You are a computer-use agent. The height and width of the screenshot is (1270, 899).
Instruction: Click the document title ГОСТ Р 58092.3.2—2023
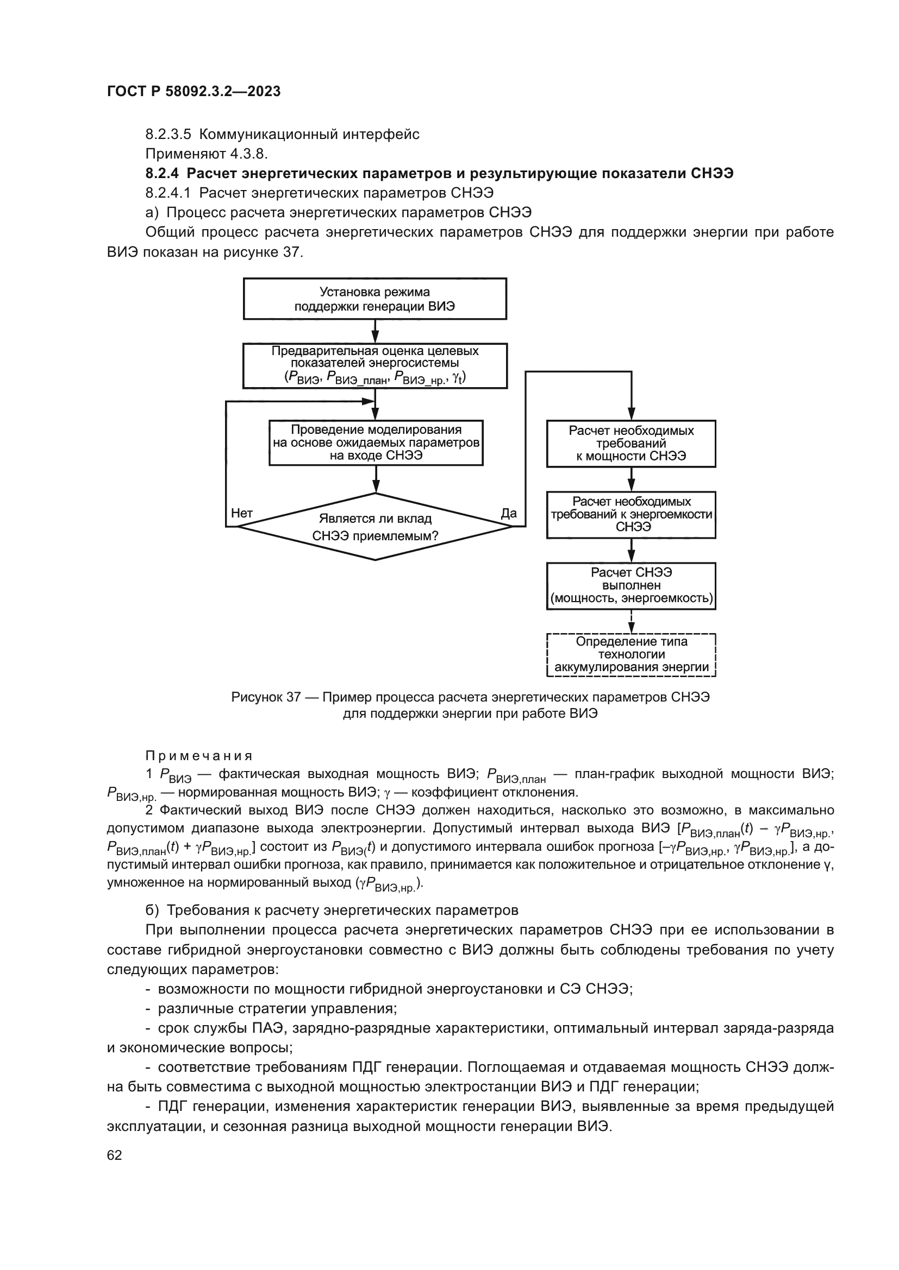tap(193, 91)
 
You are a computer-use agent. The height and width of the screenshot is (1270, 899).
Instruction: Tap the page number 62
tap(115, 1155)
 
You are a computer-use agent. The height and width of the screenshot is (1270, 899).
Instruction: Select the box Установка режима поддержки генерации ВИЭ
tap(375, 299)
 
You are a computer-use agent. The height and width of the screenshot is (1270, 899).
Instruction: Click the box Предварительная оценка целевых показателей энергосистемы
tap(375, 365)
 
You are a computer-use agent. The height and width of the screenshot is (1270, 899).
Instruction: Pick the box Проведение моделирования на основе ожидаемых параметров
tap(376, 443)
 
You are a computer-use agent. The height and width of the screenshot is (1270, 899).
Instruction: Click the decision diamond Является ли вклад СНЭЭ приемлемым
tap(376, 527)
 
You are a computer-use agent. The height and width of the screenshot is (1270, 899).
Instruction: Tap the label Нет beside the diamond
tap(242, 513)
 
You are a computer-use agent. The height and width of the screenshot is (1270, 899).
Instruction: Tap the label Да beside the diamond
tap(508, 513)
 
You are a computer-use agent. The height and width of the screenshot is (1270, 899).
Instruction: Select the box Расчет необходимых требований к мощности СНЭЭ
tap(631, 444)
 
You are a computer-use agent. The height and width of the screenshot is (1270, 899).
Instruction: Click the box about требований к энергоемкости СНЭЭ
tap(631, 514)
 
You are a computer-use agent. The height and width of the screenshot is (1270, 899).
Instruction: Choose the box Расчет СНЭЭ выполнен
tap(631, 586)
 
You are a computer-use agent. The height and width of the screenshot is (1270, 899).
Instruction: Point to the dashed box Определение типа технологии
tap(631, 654)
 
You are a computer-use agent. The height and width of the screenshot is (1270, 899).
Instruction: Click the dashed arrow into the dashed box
tap(631, 622)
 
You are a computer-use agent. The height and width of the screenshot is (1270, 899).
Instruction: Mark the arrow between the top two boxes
tap(375, 331)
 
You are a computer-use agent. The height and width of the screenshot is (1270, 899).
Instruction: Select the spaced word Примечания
tap(199, 756)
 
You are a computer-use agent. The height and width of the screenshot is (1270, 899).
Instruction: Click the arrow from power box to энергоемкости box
tap(631, 479)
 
